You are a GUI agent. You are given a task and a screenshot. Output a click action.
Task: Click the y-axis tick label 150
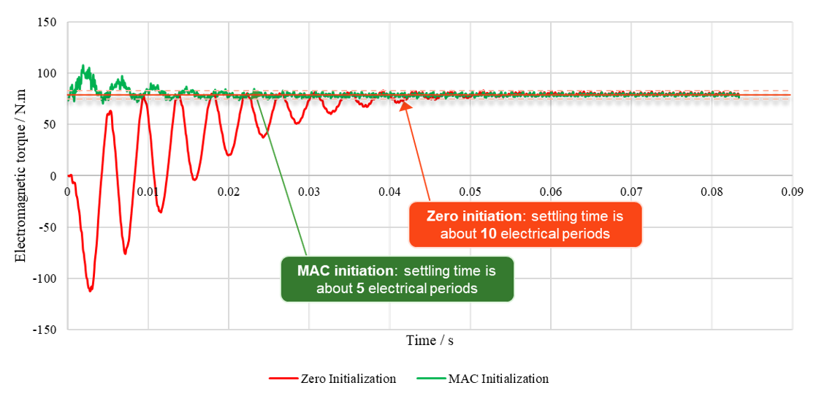(47, 23)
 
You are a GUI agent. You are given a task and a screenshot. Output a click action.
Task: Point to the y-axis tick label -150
(46, 330)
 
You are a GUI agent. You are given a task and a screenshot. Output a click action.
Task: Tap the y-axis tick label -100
(46, 278)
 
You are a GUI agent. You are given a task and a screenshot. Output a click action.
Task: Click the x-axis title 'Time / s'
(430, 341)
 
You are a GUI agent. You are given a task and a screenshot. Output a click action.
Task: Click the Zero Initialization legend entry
(332, 379)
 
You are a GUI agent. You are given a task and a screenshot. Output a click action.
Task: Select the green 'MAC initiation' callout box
(397, 278)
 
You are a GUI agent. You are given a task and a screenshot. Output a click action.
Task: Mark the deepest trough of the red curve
(91, 290)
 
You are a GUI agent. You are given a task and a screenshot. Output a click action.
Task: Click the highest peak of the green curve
(83, 65)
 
